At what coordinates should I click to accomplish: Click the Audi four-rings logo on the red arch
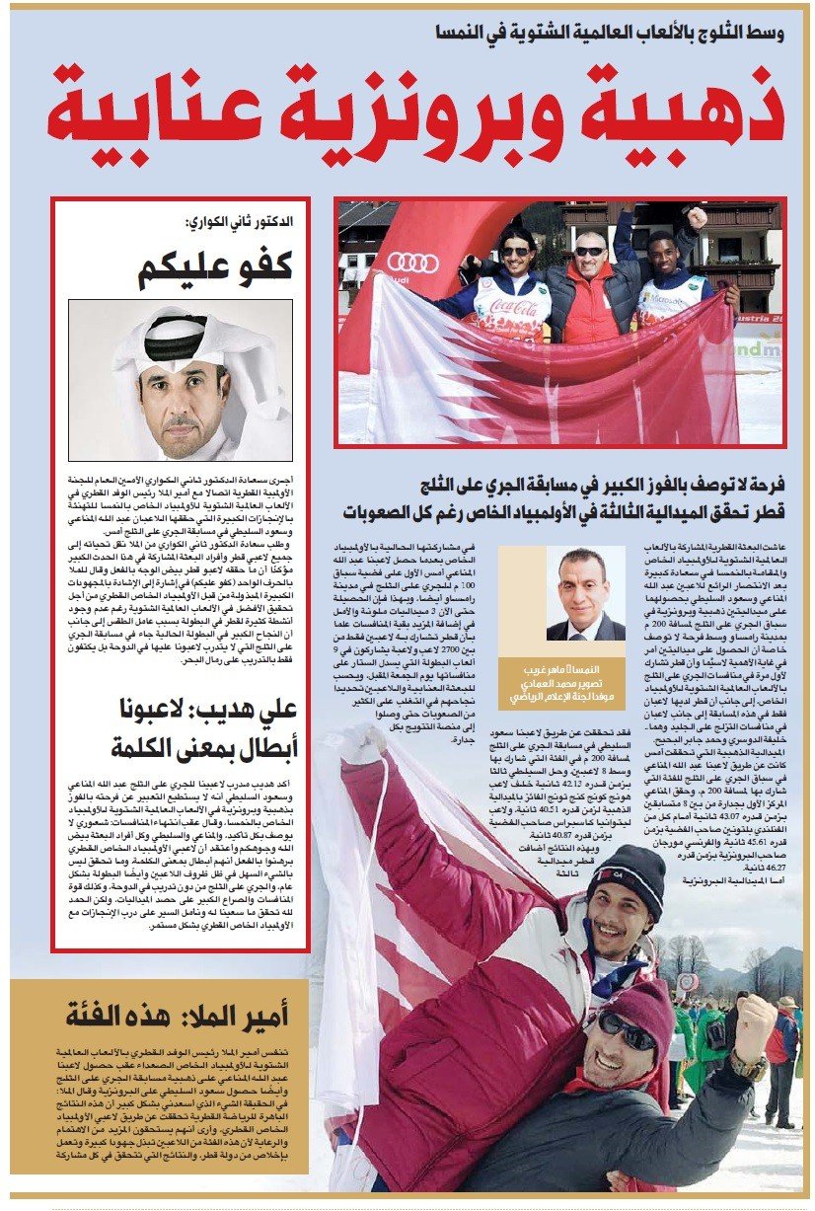click(x=412, y=262)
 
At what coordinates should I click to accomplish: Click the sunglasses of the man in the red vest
click(x=591, y=252)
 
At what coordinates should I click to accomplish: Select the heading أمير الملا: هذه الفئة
click(x=178, y=1016)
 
